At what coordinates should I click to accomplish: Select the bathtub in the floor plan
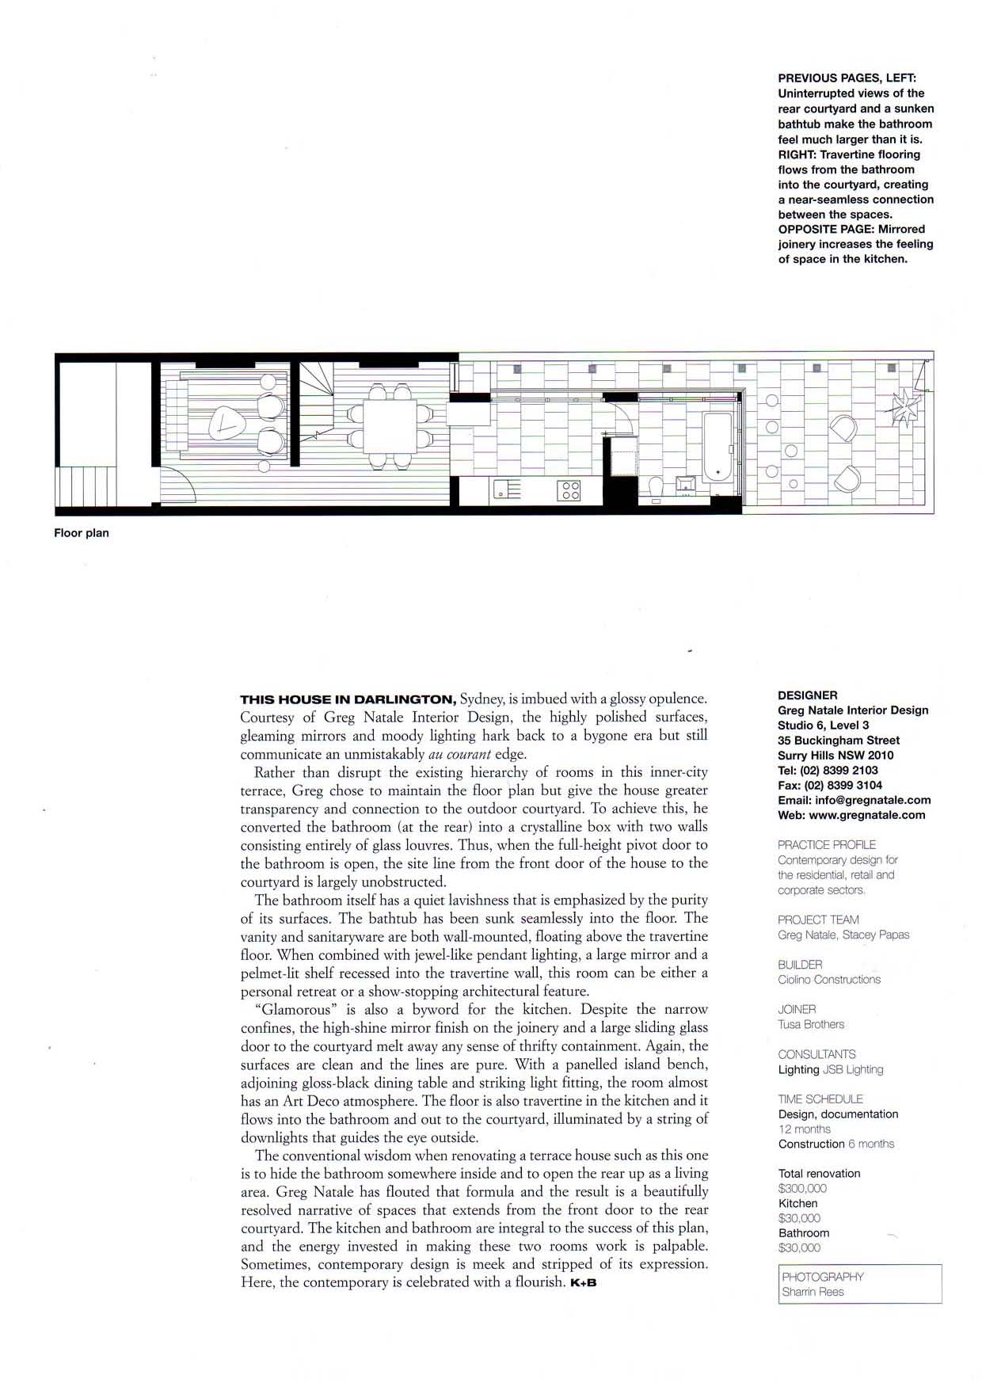(718, 448)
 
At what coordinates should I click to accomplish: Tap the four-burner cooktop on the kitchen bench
(570, 490)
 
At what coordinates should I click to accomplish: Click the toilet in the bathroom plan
(655, 489)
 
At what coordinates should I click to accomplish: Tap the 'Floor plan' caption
(82, 533)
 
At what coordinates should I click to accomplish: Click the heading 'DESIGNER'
(807, 695)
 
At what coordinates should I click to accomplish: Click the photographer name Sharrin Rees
(813, 1292)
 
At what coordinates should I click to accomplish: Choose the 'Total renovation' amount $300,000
(802, 1188)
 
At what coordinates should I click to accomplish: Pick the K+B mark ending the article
(583, 1283)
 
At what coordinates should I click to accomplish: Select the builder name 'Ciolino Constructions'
(829, 980)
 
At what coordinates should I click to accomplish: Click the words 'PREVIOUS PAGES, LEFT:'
(847, 78)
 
